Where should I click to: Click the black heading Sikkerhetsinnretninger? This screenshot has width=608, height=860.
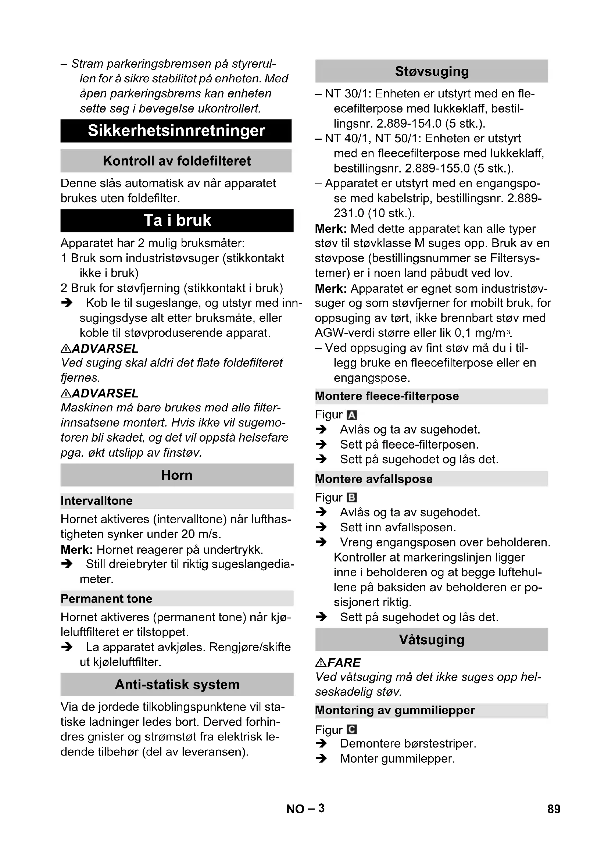(176, 131)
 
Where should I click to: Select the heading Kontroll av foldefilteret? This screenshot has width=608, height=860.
(176, 161)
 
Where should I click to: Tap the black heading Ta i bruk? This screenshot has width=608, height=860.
(177, 221)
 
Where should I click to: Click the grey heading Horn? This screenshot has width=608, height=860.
(177, 475)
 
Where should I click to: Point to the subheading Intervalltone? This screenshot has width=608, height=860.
(97, 501)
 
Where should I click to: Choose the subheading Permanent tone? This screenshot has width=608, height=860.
(106, 599)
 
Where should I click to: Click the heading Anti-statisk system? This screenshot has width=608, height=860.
(177, 684)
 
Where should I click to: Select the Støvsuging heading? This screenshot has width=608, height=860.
(431, 71)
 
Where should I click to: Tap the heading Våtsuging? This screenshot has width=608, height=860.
(431, 639)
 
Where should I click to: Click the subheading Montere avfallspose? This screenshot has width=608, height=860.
(373, 479)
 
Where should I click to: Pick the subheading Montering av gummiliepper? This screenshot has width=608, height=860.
(394, 710)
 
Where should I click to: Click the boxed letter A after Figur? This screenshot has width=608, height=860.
(352, 415)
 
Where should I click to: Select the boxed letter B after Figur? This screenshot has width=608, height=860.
(352, 498)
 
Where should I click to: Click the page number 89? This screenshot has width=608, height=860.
(554, 809)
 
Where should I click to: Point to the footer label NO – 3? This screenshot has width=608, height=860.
(305, 809)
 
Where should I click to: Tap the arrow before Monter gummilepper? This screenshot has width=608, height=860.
(321, 759)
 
